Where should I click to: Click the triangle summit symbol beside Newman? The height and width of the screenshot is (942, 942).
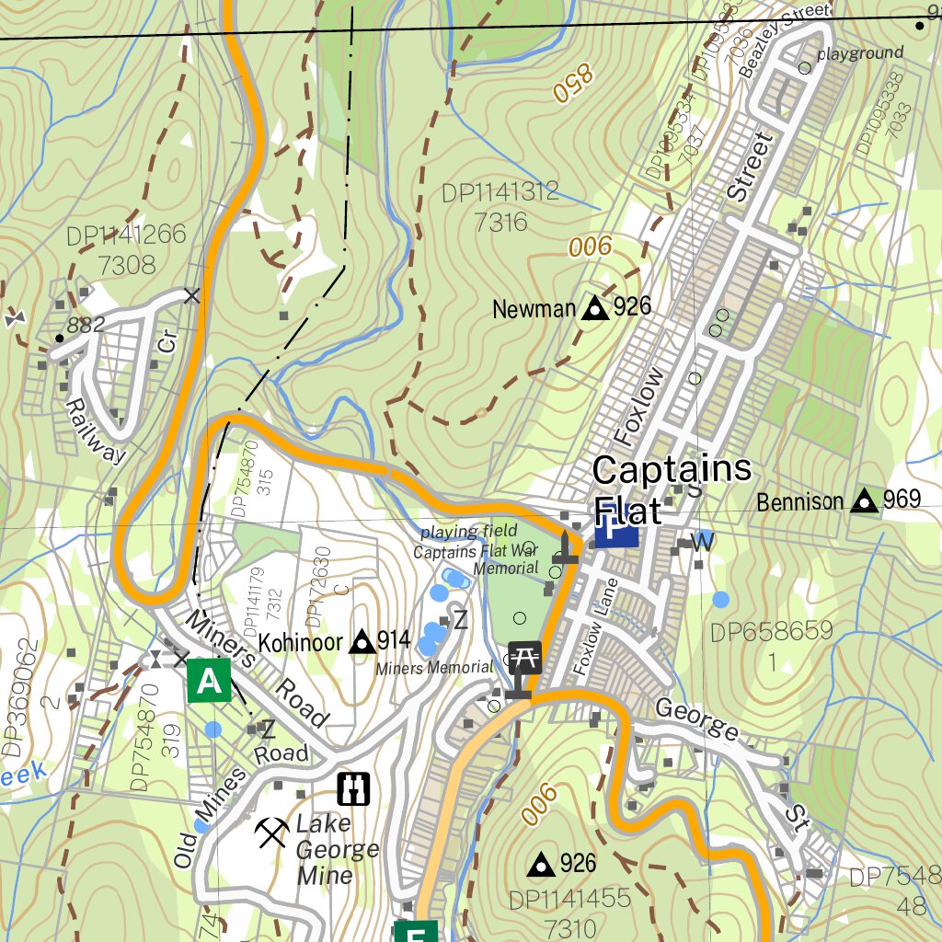pyautogui.click(x=594, y=308)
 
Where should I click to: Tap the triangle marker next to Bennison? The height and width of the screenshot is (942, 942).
pyautogui.click(x=864, y=500)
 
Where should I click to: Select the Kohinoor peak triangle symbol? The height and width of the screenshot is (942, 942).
pyautogui.click(x=362, y=641)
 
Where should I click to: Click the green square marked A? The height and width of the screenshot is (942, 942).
pyautogui.click(x=210, y=682)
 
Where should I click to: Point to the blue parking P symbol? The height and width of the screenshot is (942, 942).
pyautogui.click(x=616, y=531)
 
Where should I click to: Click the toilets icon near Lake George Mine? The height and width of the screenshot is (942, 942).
pyautogui.click(x=354, y=787)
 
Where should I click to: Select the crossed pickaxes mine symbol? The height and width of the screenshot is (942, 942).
pyautogui.click(x=271, y=833)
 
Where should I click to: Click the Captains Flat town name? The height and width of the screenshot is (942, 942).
pyautogui.click(x=672, y=488)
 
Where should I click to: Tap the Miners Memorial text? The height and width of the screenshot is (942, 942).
pyautogui.click(x=434, y=668)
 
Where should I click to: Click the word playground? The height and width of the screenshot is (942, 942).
pyautogui.click(x=860, y=53)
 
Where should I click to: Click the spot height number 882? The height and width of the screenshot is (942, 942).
pyautogui.click(x=86, y=324)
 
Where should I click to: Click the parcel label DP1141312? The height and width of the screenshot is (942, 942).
pyautogui.click(x=500, y=192)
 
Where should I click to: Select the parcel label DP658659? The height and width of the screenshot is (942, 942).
pyautogui.click(x=772, y=631)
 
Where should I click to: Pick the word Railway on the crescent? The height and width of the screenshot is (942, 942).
pyautogui.click(x=94, y=431)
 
